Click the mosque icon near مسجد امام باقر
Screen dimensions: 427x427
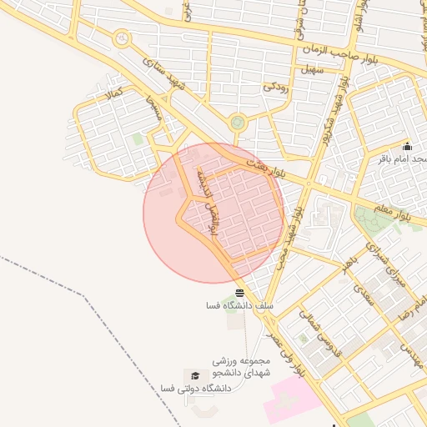407,146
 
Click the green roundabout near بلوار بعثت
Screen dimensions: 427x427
239,123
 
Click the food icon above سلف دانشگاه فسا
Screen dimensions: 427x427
240,293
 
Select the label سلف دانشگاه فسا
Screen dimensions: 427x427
240,306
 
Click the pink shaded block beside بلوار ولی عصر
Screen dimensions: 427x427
292,399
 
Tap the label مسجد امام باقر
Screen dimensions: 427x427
401,158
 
